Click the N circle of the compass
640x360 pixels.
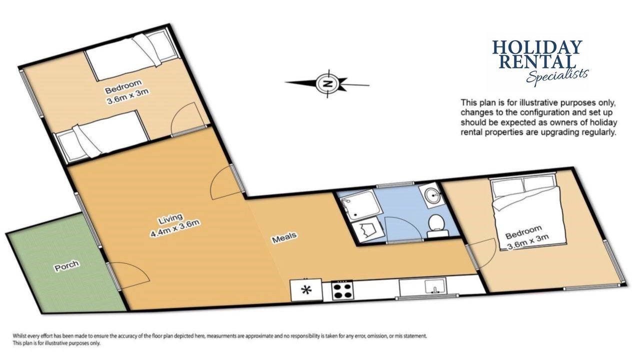(327, 83)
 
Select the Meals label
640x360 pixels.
(284, 237)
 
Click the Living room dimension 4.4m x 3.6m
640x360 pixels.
(174, 228)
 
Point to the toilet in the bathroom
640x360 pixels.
(437, 225)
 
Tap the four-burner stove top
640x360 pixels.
(342, 290)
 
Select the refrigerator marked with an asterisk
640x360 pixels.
(306, 290)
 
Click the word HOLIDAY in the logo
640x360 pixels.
(537, 47)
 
